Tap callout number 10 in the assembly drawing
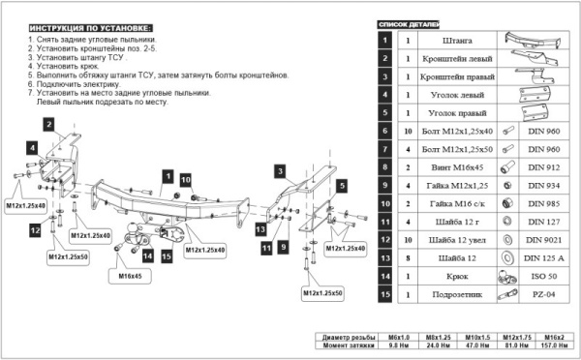pos(185,180)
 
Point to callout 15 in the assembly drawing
pos(167,256)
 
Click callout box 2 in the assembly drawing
pos(46,122)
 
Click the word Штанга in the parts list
pos(457,41)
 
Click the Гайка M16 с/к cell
pos(457,203)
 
